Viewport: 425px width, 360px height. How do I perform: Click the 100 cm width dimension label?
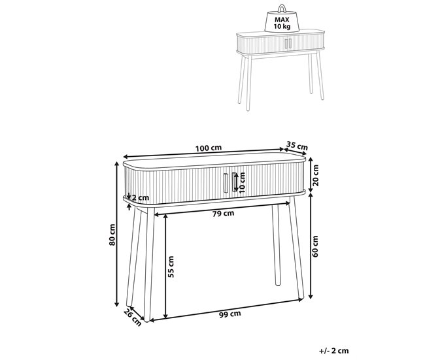pos(209,148)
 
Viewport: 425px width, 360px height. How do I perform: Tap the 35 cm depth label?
pos(297,146)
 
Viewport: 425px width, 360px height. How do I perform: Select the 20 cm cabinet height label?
pos(316,175)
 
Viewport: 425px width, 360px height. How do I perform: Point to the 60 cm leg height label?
pos(315,246)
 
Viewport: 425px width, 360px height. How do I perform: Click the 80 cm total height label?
pos(112,235)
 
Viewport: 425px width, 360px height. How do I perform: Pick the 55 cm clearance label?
pos(171,267)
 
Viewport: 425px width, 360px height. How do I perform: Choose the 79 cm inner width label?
pos(223,214)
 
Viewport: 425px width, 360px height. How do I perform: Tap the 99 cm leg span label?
pos(230,314)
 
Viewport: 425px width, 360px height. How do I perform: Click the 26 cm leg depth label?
pos(133,317)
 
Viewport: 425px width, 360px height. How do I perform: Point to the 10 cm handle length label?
pos(242,182)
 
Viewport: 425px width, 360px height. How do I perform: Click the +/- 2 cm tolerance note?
pos(334,351)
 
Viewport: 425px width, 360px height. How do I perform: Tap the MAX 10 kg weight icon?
pos(282,19)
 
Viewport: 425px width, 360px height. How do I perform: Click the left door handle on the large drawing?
pos(226,183)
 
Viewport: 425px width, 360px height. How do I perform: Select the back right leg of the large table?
pos(276,245)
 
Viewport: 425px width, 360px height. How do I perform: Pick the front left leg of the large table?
pos(148,264)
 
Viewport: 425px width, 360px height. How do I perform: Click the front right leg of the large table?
pos(296,248)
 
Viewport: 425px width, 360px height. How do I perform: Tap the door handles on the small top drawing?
pos(288,44)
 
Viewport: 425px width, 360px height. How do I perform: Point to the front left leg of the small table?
pos(249,84)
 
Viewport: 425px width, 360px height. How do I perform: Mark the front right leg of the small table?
pos(320,75)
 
